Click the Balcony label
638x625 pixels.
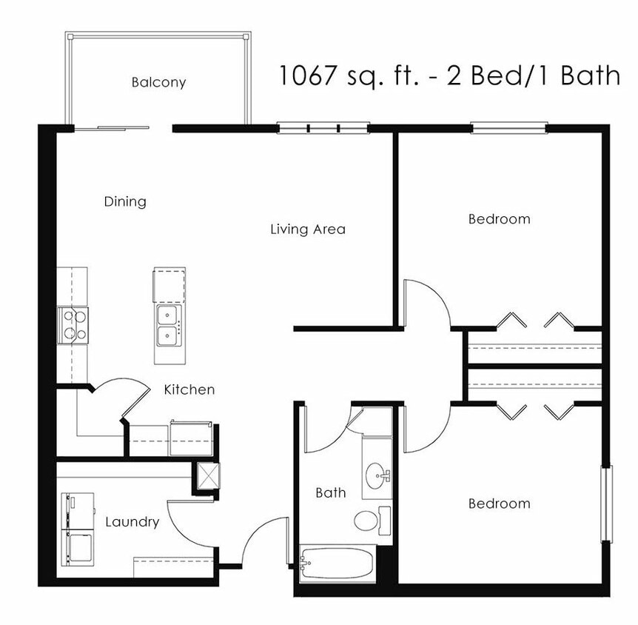point(158,82)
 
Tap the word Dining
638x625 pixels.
point(125,201)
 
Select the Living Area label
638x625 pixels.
point(307,229)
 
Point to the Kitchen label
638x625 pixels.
point(189,390)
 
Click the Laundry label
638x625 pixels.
point(132,522)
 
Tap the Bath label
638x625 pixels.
point(330,492)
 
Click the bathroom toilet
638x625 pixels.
point(368,521)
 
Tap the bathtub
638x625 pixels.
point(338,564)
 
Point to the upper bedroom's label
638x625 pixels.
point(499,219)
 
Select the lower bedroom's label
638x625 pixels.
point(499,504)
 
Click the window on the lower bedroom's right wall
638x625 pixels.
point(607,504)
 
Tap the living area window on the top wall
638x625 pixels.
point(323,128)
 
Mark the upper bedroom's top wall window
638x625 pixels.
point(509,128)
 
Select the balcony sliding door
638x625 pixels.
point(113,128)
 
